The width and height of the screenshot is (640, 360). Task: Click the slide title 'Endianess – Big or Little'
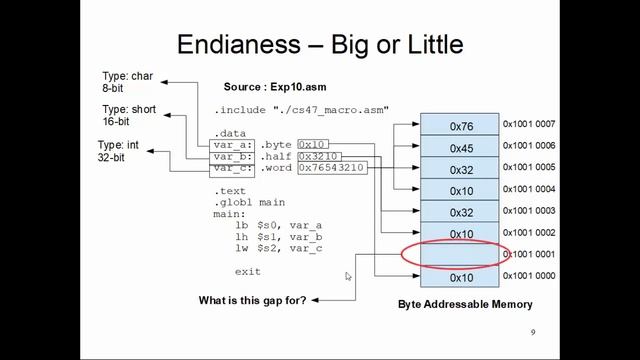pyautogui.click(x=319, y=45)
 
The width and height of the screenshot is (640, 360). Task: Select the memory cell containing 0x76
pyautogui.click(x=460, y=126)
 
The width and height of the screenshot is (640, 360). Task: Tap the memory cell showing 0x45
pyautogui.click(x=460, y=147)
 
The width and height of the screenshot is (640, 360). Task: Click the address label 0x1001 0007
pyautogui.click(x=528, y=125)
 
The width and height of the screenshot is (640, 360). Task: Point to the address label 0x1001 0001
pyautogui.click(x=528, y=254)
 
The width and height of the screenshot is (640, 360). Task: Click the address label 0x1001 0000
pyautogui.click(x=528, y=276)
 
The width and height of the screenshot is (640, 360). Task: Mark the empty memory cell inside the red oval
pyautogui.click(x=460, y=255)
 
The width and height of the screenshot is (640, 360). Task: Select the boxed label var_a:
pyautogui.click(x=234, y=144)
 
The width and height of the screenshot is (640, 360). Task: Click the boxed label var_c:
pyautogui.click(x=234, y=168)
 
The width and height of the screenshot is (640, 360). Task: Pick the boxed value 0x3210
pyautogui.click(x=319, y=156)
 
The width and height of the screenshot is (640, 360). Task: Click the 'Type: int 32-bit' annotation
pyautogui.click(x=118, y=152)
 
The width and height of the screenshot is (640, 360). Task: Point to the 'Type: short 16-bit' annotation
pyautogui.click(x=128, y=114)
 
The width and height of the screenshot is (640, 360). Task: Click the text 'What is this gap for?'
pyautogui.click(x=252, y=300)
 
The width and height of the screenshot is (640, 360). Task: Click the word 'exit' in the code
pyautogui.click(x=247, y=271)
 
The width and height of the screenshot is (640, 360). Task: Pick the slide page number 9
pyautogui.click(x=533, y=333)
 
